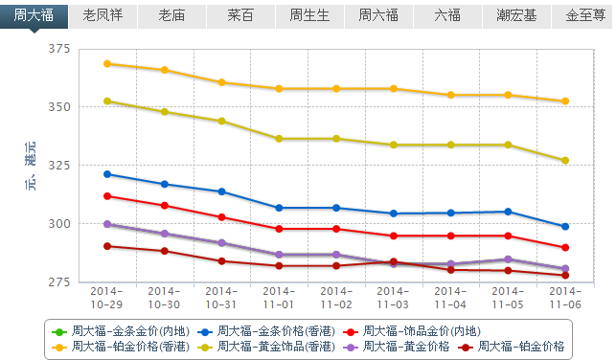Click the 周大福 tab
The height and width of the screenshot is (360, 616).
point(34,15)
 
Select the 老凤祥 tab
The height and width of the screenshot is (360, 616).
point(103,15)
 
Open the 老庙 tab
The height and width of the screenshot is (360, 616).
point(171,15)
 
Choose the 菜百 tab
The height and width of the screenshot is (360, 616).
point(240,15)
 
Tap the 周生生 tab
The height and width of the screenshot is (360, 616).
point(309,15)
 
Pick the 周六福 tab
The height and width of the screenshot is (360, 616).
point(378,15)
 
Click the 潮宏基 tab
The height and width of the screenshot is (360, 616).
point(516,15)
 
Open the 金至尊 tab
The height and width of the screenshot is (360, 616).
point(583,15)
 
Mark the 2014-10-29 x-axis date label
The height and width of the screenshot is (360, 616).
point(106,296)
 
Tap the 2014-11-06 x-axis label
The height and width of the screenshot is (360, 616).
point(565,296)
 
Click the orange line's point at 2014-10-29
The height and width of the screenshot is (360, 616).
point(107,64)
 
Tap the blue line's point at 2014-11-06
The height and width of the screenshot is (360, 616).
point(565,227)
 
